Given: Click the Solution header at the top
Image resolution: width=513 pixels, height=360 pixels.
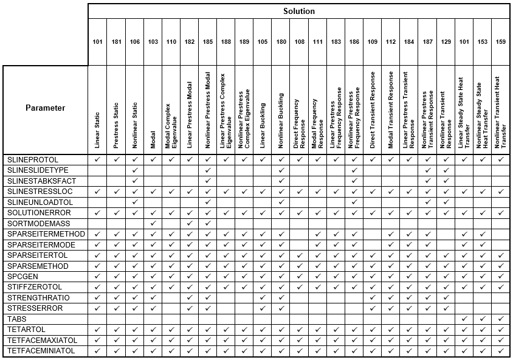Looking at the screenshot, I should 298,11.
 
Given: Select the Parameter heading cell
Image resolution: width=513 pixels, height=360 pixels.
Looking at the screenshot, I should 45,108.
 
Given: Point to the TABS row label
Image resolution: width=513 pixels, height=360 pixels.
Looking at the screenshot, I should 16,319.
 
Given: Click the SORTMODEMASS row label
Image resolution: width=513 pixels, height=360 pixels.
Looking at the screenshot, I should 33,223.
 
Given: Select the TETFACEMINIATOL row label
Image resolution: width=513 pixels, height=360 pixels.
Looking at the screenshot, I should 41,351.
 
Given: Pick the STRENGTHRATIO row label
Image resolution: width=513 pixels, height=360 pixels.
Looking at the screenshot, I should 38,297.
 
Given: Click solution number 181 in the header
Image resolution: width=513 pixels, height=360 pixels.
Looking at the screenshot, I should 116,42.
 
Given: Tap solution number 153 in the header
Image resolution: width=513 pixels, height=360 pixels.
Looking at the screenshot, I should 482,42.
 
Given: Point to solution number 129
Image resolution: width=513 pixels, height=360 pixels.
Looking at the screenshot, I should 446,42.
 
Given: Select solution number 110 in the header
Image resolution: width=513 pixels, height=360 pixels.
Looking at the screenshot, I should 171,42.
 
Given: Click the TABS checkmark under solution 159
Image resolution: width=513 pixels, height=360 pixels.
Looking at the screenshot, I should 500,319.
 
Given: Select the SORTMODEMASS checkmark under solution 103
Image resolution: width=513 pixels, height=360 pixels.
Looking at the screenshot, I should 153,223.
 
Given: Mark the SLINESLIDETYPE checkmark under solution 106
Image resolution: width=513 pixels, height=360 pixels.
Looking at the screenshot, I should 134,170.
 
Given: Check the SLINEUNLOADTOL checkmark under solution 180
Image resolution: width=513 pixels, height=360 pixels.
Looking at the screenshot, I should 281,202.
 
